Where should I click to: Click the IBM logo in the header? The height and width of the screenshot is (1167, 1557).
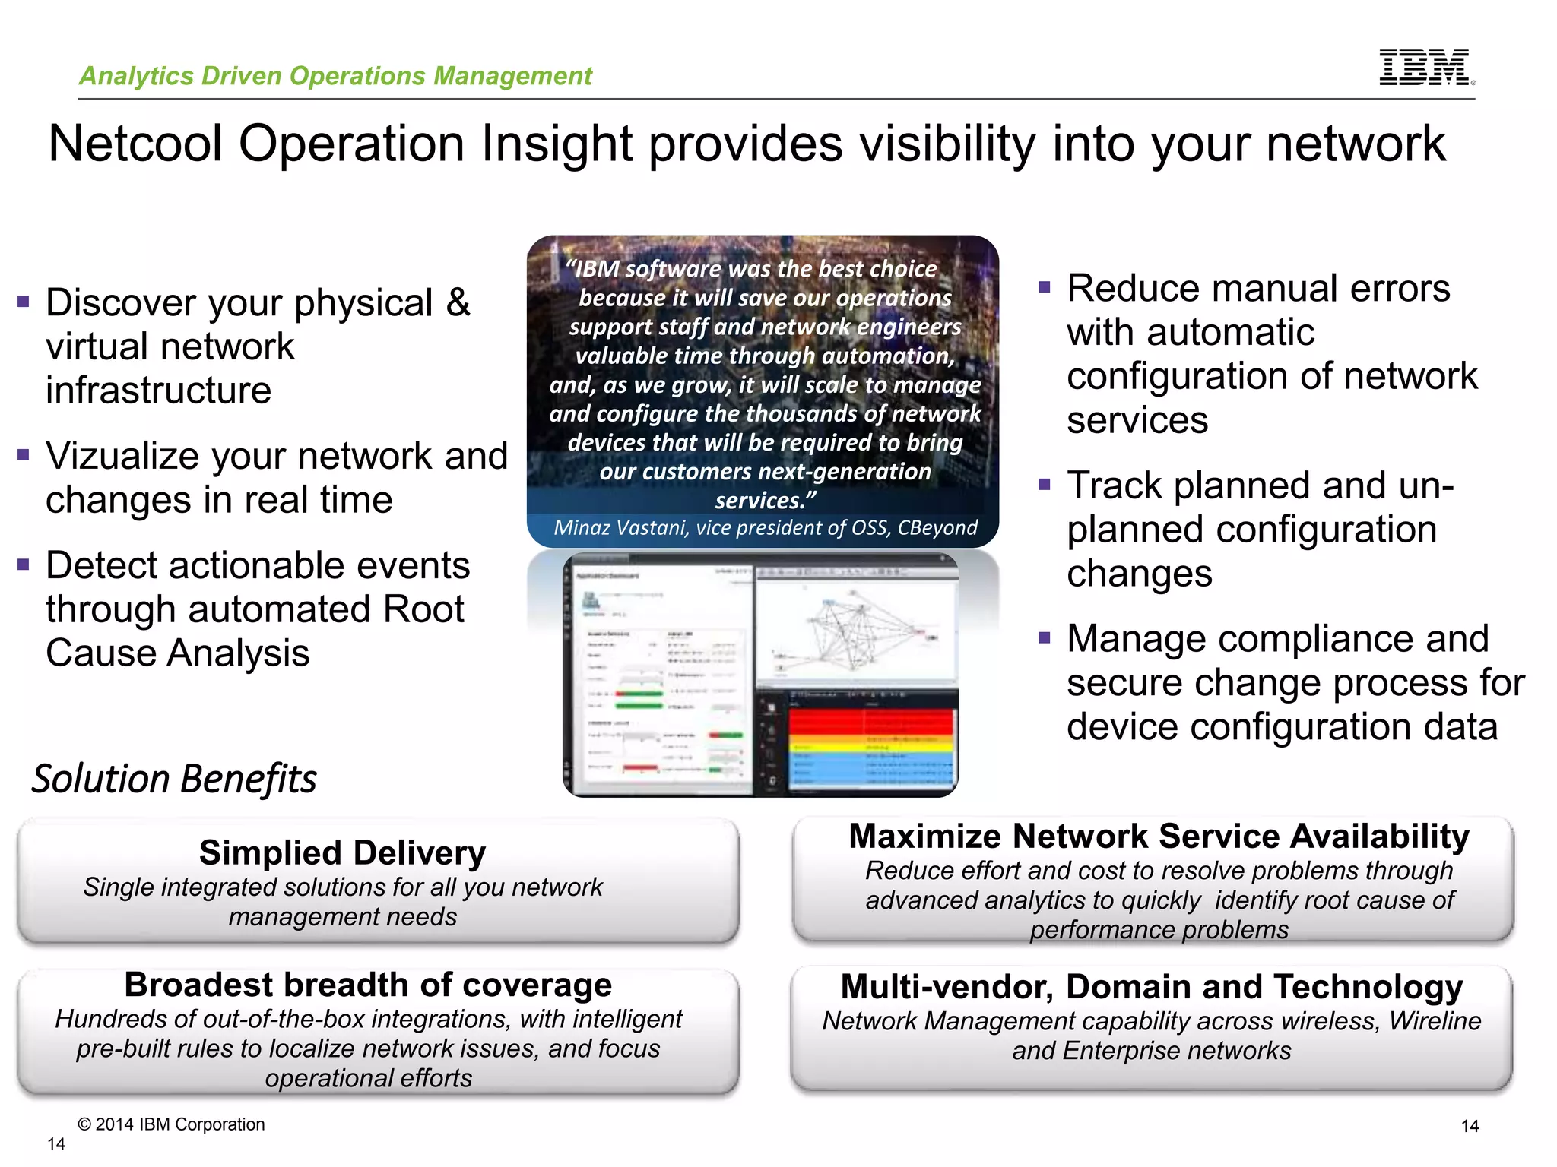[1425, 67]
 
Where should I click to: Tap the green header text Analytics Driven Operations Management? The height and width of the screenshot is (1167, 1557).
[335, 76]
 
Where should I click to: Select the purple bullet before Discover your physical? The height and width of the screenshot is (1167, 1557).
[24, 302]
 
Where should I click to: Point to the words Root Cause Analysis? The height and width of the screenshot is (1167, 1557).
[251, 631]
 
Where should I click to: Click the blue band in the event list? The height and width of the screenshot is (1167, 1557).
[870, 767]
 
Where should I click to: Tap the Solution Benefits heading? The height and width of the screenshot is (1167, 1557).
[174, 780]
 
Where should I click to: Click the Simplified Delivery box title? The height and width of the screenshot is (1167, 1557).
[342, 852]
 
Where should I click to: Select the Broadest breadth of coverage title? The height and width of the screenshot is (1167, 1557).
[368, 985]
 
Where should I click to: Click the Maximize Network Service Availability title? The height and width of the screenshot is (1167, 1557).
[1159, 837]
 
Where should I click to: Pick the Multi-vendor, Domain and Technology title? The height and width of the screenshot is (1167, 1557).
[1151, 987]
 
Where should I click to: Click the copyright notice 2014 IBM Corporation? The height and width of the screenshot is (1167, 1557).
[172, 1124]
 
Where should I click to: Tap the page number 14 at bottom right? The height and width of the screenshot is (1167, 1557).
[1470, 1126]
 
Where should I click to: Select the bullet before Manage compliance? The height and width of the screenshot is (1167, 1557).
[1044, 637]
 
